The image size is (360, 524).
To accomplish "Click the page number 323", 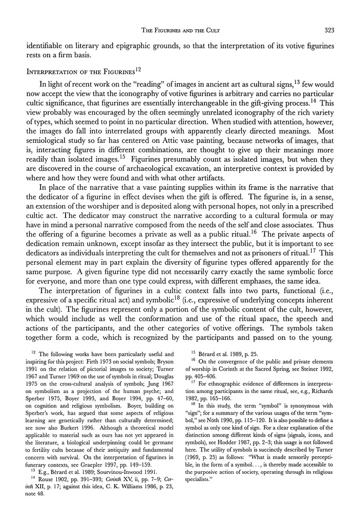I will pyautogui.click(x=329, y=31).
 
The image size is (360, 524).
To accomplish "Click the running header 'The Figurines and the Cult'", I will pyautogui.click(x=180, y=31).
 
